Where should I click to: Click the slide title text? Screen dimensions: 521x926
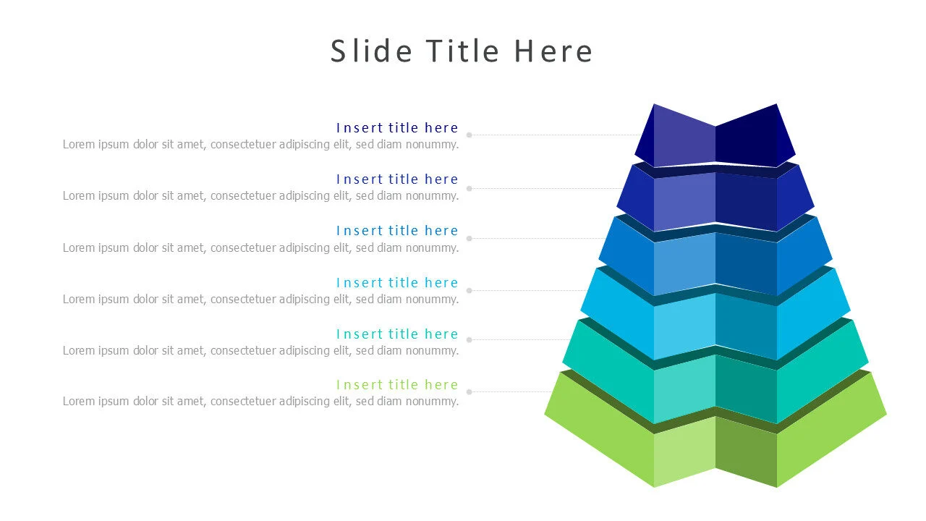(x=462, y=51)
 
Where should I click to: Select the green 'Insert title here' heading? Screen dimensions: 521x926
(x=397, y=385)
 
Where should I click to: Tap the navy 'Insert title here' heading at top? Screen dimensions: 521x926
(x=397, y=128)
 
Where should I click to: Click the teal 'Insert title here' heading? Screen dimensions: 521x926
(x=397, y=334)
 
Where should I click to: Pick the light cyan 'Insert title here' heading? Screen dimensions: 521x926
(x=397, y=283)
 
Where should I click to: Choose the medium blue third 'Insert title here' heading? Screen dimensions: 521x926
(x=397, y=231)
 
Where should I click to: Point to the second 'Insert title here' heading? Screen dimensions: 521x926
(x=397, y=179)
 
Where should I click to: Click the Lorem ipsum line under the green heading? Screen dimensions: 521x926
(x=260, y=402)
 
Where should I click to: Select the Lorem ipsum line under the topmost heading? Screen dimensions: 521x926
(x=260, y=144)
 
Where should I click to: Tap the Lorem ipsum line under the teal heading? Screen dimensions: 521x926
(x=260, y=351)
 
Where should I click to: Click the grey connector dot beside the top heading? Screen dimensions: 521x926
(x=470, y=135)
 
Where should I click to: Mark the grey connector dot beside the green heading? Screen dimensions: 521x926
(x=470, y=391)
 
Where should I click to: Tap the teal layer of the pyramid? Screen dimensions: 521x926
(x=715, y=387)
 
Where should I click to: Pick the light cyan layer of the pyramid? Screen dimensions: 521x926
(x=715, y=326)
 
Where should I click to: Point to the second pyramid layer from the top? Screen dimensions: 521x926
(x=715, y=199)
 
